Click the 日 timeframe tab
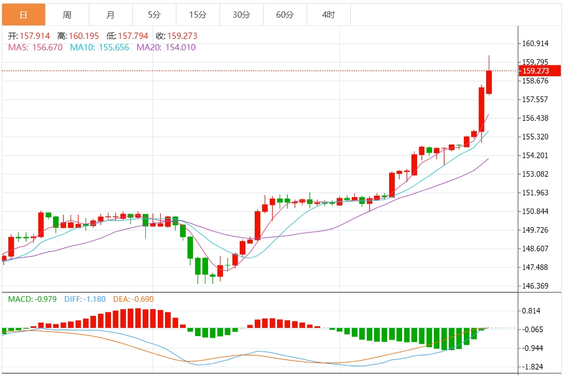(23, 15)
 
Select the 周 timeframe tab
(67, 15)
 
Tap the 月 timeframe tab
(111, 15)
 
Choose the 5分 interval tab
(154, 15)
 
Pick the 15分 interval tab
(198, 15)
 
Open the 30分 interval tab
(241, 15)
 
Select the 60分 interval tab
(285, 15)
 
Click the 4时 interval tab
(328, 15)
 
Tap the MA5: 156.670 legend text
(35, 48)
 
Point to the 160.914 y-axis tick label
(535, 44)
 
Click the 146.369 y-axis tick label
(535, 286)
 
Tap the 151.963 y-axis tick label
(535, 193)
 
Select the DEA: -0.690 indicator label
(134, 299)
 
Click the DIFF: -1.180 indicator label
(85, 299)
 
